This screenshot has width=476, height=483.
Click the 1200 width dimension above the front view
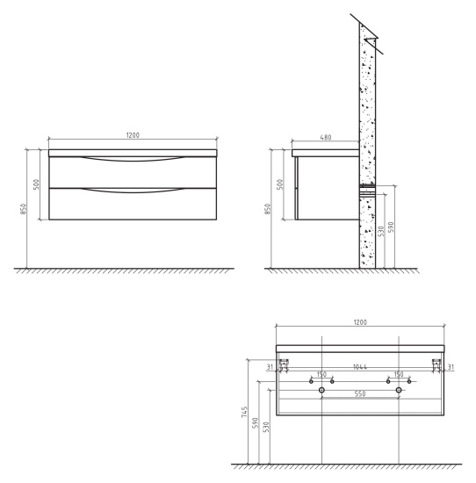point(133,135)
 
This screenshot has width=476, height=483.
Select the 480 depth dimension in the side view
point(326,137)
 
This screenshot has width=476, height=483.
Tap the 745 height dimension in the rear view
point(244,412)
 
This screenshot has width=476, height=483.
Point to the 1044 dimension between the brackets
point(360,367)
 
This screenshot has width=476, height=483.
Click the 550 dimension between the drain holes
point(360,393)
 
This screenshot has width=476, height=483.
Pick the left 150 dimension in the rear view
point(321,374)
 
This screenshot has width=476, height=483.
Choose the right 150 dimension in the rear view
point(399,374)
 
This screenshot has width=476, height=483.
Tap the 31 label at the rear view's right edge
point(451,367)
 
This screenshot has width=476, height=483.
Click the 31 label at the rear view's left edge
point(270,367)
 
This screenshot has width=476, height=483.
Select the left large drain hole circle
point(321,390)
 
